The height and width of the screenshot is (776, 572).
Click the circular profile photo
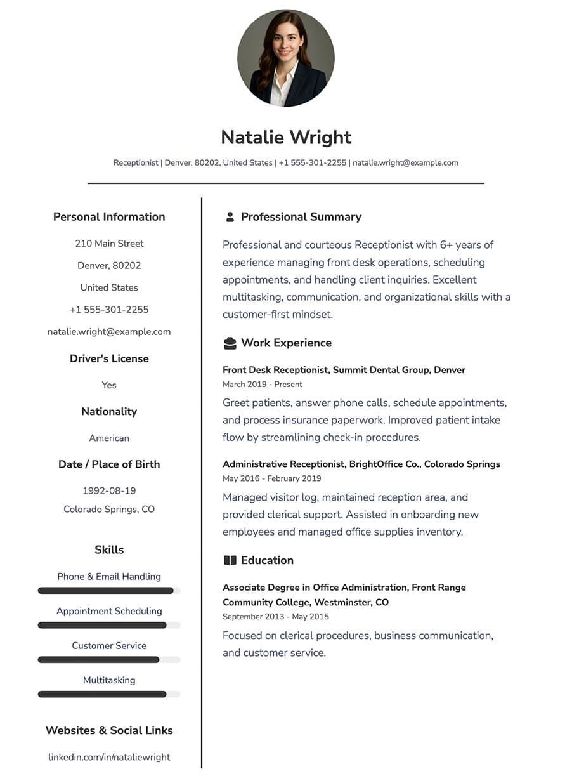point(286,58)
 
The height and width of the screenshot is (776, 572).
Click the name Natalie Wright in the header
point(286,137)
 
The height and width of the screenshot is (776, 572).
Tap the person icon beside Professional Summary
point(230,217)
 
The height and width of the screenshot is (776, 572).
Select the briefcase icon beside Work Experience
point(230,343)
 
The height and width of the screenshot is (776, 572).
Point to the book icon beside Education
point(230,560)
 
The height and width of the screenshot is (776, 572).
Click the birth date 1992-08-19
point(109,490)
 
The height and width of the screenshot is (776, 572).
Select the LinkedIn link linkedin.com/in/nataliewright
point(109,757)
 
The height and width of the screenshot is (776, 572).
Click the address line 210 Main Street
point(109,244)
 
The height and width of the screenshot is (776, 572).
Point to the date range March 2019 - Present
point(263,385)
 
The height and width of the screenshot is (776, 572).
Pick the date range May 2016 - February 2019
point(271,478)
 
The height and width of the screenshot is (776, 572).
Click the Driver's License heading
point(109,358)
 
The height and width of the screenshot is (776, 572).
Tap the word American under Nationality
point(109,438)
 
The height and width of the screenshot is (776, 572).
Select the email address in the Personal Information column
point(109,332)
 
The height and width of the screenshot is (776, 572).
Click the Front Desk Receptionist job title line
point(344,370)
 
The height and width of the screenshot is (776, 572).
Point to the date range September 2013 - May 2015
point(276,617)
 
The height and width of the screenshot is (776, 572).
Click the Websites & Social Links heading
point(109,730)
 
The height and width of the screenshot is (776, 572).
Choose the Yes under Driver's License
point(109,385)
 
